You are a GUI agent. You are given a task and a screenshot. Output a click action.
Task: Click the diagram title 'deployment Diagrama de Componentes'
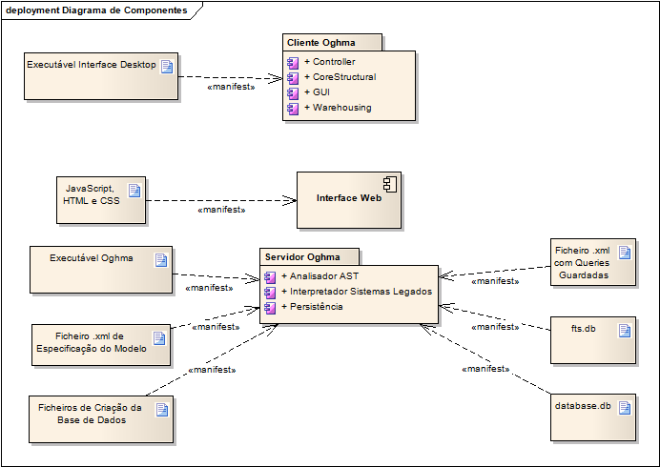96,10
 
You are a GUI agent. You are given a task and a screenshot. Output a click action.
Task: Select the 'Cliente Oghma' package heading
321,43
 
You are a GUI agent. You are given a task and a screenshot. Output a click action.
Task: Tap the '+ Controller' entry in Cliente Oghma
330,61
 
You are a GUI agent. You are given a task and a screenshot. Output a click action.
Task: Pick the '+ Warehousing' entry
338,108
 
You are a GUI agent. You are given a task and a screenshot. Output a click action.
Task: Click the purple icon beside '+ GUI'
293,93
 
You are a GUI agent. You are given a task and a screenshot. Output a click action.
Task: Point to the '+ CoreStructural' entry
340,76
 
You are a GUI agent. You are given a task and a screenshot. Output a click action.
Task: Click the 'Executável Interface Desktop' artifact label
92,65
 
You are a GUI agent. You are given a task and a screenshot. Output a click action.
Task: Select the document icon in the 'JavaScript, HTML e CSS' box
134,191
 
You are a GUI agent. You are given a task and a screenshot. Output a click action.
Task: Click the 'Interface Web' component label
349,197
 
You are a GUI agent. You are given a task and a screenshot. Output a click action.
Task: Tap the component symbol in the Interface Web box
390,185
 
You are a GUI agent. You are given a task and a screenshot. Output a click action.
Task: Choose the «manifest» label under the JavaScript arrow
221,210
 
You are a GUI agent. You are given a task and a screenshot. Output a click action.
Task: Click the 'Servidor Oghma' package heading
302,257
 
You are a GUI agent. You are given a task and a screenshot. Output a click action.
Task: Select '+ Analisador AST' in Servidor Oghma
320,276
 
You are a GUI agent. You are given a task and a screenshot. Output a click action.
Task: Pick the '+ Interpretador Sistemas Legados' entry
357,291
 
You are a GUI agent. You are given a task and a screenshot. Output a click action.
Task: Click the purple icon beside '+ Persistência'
270,308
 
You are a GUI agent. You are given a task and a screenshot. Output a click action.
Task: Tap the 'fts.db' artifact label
584,329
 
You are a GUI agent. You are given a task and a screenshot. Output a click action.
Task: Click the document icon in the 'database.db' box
625,408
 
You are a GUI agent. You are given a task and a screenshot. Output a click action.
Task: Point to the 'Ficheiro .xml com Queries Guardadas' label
582,262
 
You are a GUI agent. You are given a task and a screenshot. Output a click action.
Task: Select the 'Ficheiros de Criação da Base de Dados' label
91,414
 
